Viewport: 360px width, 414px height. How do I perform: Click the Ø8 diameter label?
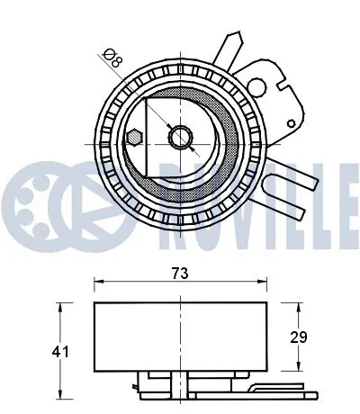pos(112,58)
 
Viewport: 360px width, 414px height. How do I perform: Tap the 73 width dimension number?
pos(181,272)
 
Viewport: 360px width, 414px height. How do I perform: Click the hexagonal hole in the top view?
pos(133,138)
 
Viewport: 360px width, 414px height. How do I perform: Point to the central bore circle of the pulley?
pos(180,138)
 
